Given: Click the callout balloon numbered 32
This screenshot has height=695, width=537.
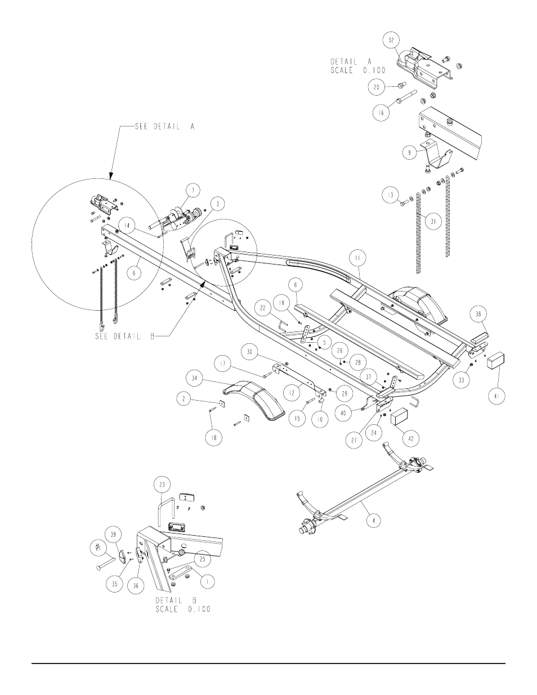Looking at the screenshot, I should click(x=392, y=41).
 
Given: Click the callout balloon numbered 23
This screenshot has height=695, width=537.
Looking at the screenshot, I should click(x=162, y=483).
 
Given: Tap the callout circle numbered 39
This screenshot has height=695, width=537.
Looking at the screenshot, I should click(x=114, y=535).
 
